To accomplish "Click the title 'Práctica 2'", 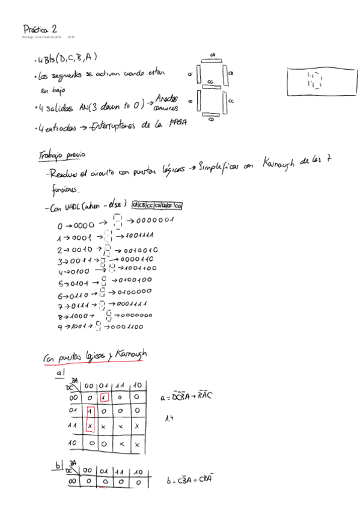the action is [40, 28].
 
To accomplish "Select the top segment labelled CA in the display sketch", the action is [212, 59].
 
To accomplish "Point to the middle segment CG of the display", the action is [211, 85].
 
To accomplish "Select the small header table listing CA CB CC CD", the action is [158, 206].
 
